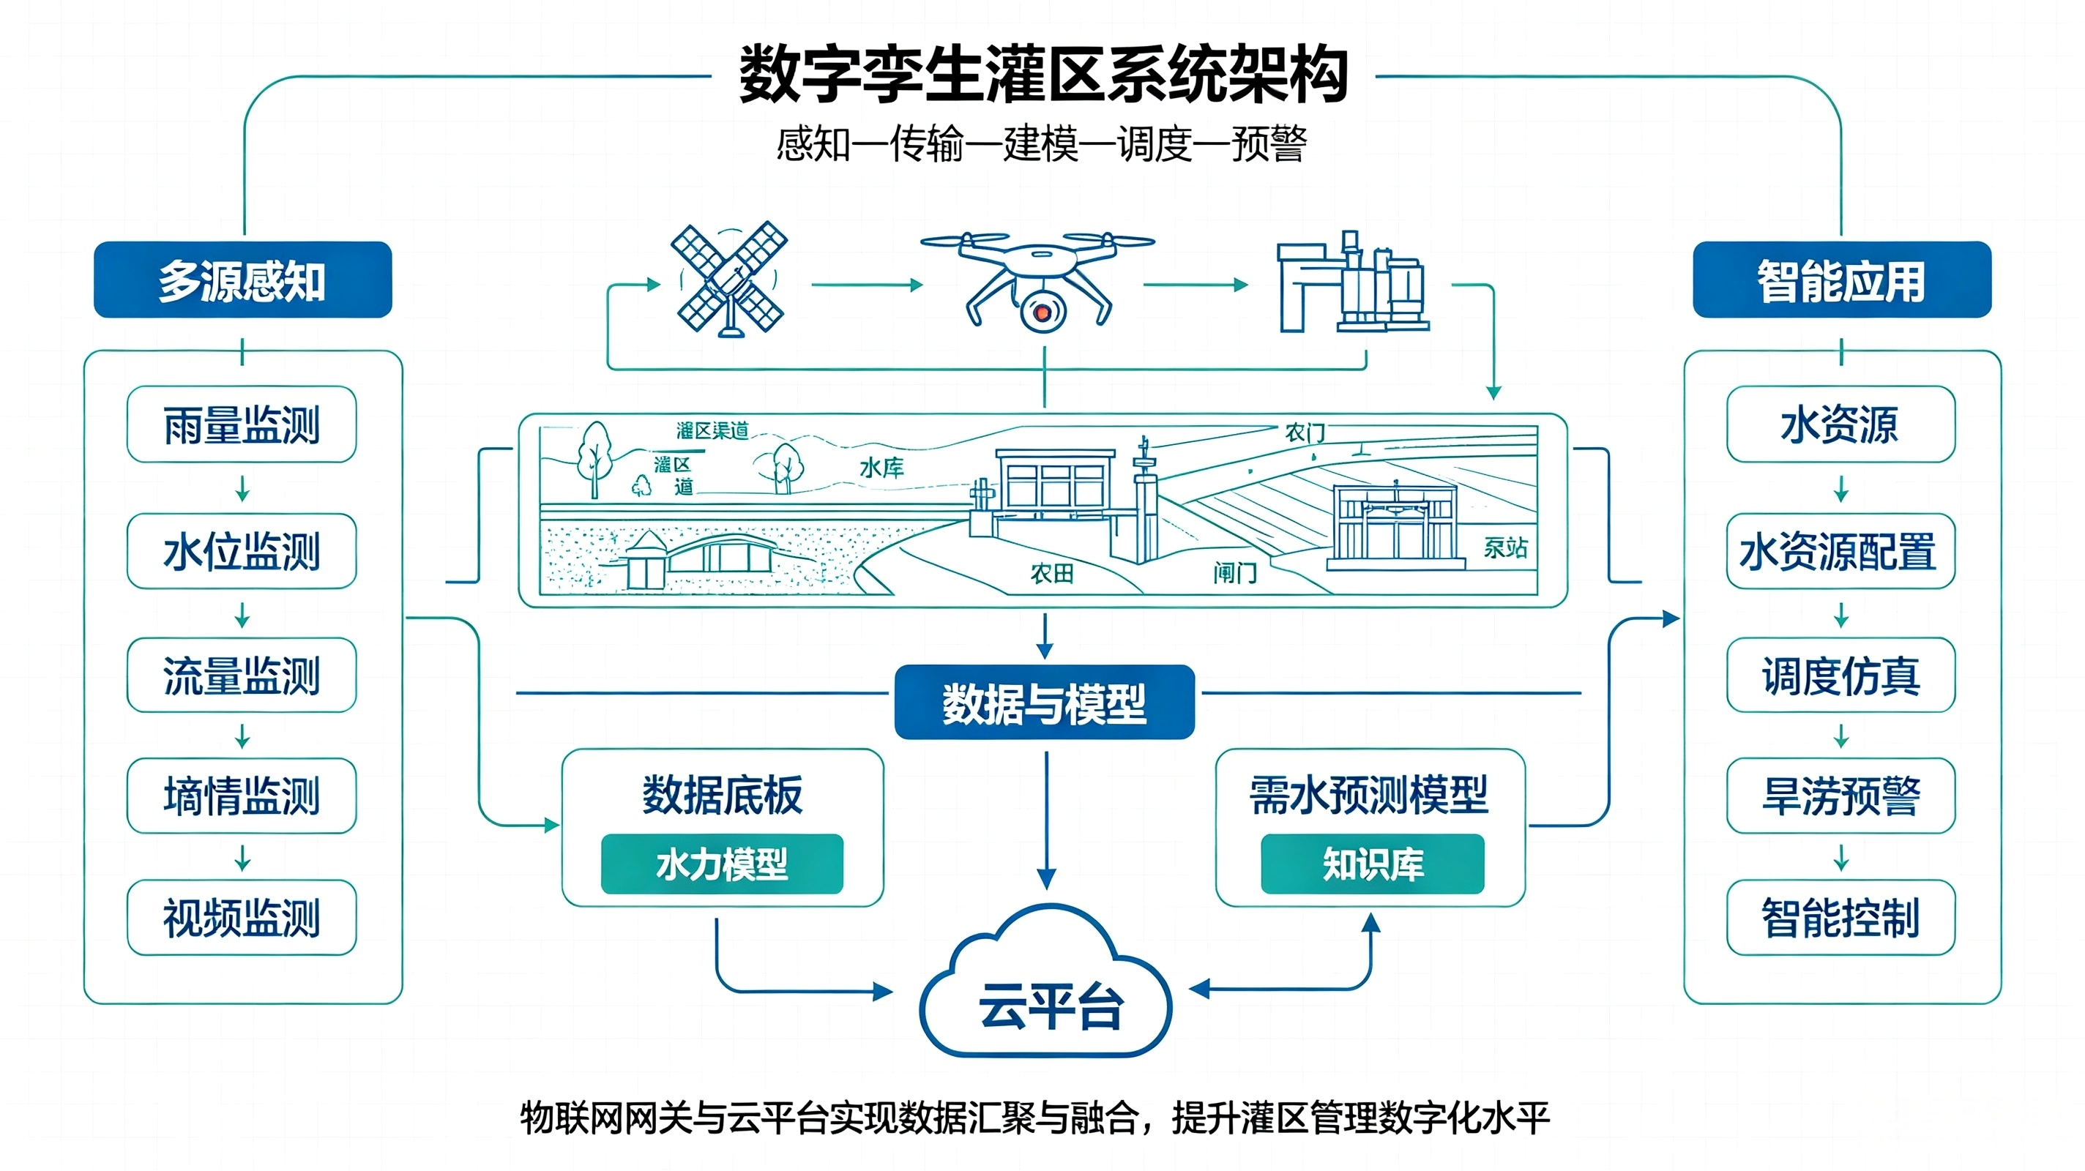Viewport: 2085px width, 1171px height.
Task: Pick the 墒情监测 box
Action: (242, 796)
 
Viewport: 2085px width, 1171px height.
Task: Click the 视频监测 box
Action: (242, 918)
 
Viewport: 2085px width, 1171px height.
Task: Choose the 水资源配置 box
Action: (1840, 551)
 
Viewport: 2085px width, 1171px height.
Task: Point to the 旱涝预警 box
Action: (1840, 796)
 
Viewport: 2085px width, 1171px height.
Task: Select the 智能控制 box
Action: (1840, 918)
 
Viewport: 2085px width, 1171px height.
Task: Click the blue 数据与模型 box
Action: (1044, 703)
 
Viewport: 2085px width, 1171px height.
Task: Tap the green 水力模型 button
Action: (722, 864)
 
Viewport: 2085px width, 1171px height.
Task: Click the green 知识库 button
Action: (1373, 864)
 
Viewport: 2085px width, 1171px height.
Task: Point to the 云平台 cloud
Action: (1045, 983)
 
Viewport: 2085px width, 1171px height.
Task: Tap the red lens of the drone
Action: (1042, 311)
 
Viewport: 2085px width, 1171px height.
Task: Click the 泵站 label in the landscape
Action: (1505, 548)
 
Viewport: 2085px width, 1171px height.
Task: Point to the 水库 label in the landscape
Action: (881, 468)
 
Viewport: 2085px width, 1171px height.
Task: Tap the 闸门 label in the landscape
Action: (1235, 574)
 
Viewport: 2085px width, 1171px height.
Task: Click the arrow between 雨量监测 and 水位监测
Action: (242, 489)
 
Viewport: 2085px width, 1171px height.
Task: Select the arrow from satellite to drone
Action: (867, 285)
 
